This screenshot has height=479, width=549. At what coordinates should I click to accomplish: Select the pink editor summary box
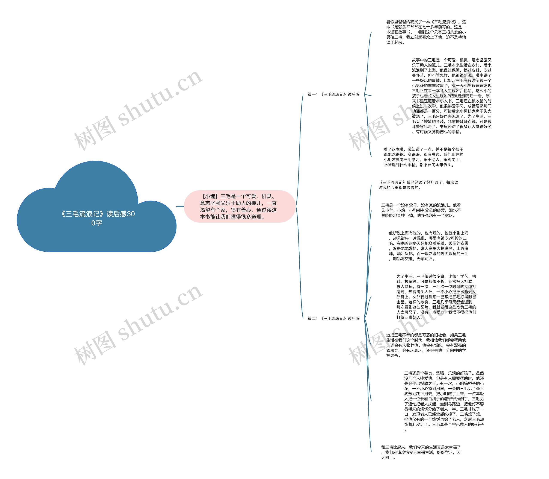[240, 206]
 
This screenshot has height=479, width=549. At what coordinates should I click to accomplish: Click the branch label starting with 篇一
[333, 94]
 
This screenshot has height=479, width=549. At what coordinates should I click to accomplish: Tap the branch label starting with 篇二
[333, 318]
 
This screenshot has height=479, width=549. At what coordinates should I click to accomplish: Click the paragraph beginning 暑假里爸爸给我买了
[426, 32]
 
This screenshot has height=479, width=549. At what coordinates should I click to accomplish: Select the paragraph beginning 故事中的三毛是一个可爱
[451, 96]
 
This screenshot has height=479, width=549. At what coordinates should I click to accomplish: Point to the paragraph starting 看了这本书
[423, 157]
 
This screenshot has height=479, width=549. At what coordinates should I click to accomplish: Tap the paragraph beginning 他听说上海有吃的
[428, 246]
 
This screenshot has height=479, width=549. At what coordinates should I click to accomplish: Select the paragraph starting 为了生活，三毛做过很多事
[436, 297]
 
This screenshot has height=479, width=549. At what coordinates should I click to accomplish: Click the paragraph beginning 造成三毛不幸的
[426, 345]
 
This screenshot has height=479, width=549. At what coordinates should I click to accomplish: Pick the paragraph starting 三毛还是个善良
[444, 401]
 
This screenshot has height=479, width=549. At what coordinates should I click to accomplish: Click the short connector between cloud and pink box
[180, 206]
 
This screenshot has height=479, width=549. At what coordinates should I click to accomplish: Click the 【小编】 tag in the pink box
[210, 196]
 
